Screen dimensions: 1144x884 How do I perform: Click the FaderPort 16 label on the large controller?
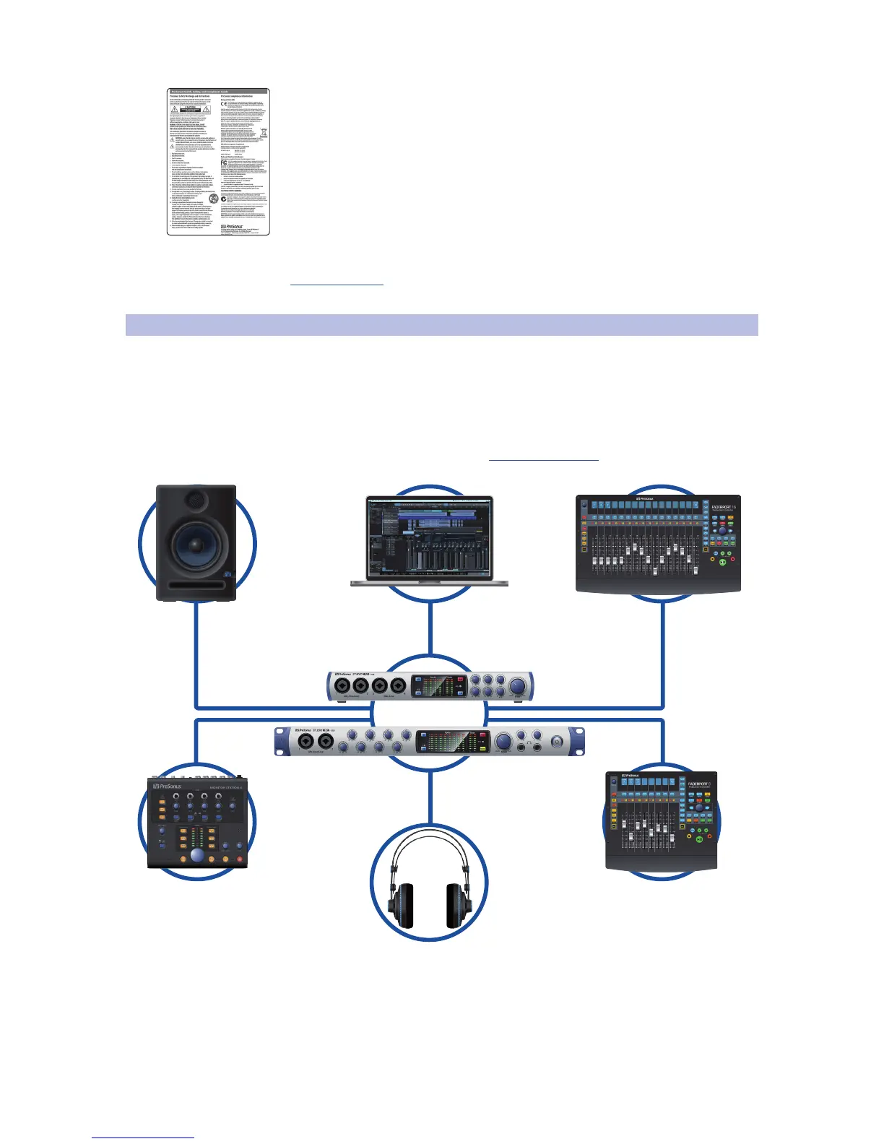tap(723, 508)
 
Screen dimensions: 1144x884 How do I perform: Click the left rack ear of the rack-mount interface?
tap(283, 742)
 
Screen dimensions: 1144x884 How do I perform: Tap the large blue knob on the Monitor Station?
tap(197, 857)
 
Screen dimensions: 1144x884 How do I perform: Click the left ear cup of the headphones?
tap(402, 906)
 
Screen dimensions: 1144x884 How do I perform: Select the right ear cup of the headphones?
tap(458, 906)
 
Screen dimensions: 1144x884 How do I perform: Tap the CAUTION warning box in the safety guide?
tap(186, 109)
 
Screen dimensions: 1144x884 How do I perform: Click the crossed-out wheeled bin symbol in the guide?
tap(264, 133)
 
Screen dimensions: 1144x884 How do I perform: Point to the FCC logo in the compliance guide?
tap(224, 164)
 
